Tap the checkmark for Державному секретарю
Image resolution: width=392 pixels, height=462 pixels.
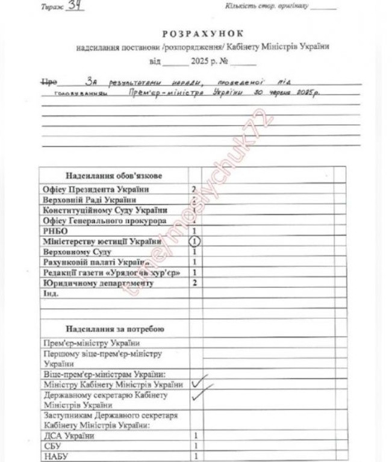199,396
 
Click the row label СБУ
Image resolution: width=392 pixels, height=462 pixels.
52,446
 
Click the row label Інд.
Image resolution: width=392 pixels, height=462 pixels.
51,293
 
